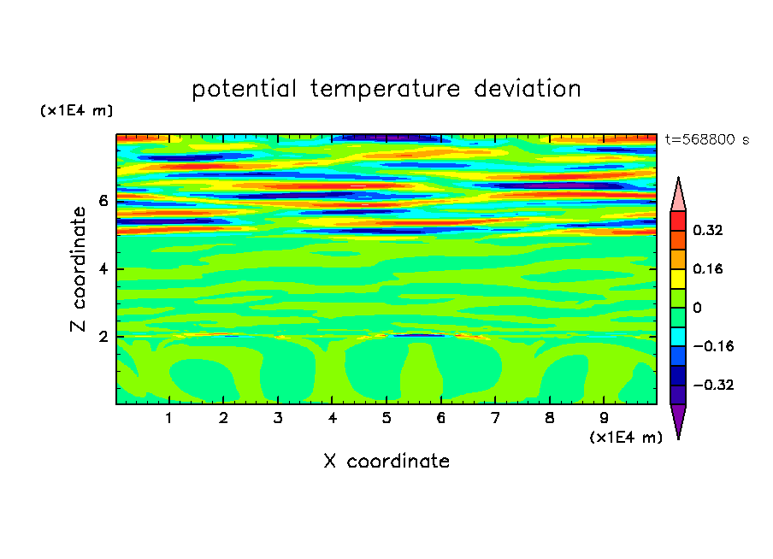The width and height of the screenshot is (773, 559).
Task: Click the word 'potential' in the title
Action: (244, 89)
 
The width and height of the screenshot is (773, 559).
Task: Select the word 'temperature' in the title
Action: (385, 89)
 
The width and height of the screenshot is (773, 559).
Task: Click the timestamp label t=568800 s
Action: (707, 139)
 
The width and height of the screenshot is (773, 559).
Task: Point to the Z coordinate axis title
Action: (78, 268)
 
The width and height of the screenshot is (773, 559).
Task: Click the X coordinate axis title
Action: (386, 461)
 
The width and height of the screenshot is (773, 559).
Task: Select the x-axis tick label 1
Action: (169, 418)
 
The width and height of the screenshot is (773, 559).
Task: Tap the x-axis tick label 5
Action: (386, 418)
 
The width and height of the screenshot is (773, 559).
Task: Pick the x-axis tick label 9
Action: (604, 418)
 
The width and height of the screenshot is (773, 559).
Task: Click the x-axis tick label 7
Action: (495, 418)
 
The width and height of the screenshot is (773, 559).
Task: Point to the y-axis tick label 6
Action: (103, 201)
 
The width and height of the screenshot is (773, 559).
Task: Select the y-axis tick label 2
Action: (103, 337)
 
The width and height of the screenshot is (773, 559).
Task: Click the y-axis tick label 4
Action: (103, 269)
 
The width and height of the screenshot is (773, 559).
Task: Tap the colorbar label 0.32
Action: (707, 230)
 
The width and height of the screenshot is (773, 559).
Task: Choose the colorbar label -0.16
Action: (713, 346)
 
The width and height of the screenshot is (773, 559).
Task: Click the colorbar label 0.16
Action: (707, 268)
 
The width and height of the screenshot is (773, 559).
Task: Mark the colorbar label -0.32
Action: (713, 385)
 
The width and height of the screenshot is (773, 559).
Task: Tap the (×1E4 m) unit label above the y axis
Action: (76, 110)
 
